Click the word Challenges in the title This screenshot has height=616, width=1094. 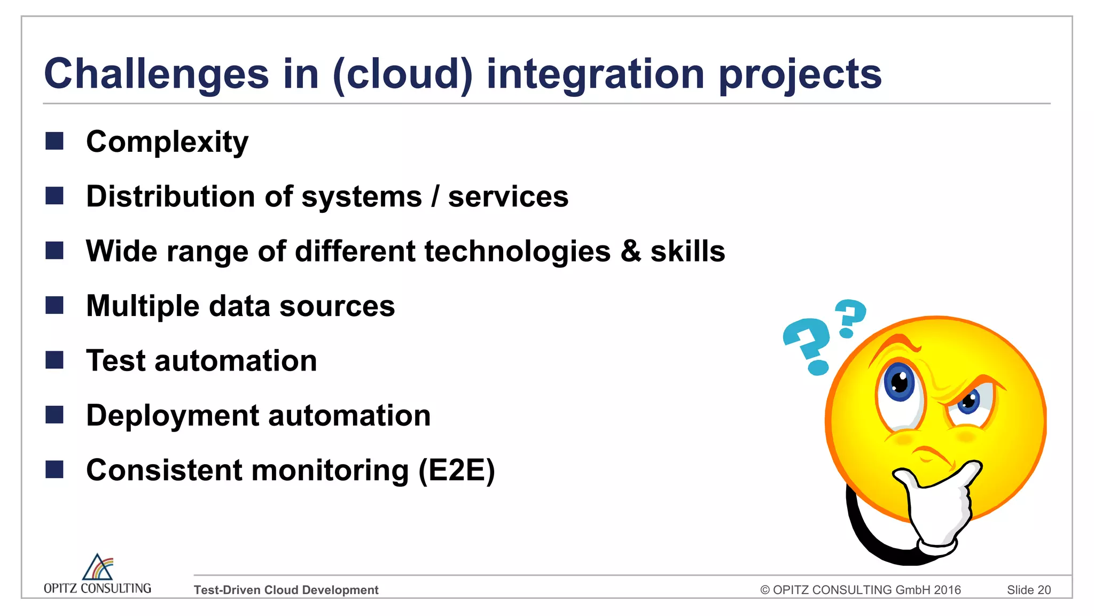[x=156, y=75]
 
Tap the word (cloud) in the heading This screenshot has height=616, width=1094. [x=403, y=74]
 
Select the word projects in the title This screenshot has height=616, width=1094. [x=800, y=75]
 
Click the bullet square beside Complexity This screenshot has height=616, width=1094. [x=54, y=141]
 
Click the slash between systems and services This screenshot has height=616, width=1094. [x=435, y=196]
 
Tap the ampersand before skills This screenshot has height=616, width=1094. [x=631, y=251]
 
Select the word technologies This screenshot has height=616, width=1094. [x=517, y=251]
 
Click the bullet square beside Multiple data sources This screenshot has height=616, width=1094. [x=54, y=305]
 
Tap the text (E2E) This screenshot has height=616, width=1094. [x=457, y=471]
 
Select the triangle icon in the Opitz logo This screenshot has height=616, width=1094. [x=97, y=567]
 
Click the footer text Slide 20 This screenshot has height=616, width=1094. [x=1028, y=590]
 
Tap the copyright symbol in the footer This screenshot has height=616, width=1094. [x=765, y=590]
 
